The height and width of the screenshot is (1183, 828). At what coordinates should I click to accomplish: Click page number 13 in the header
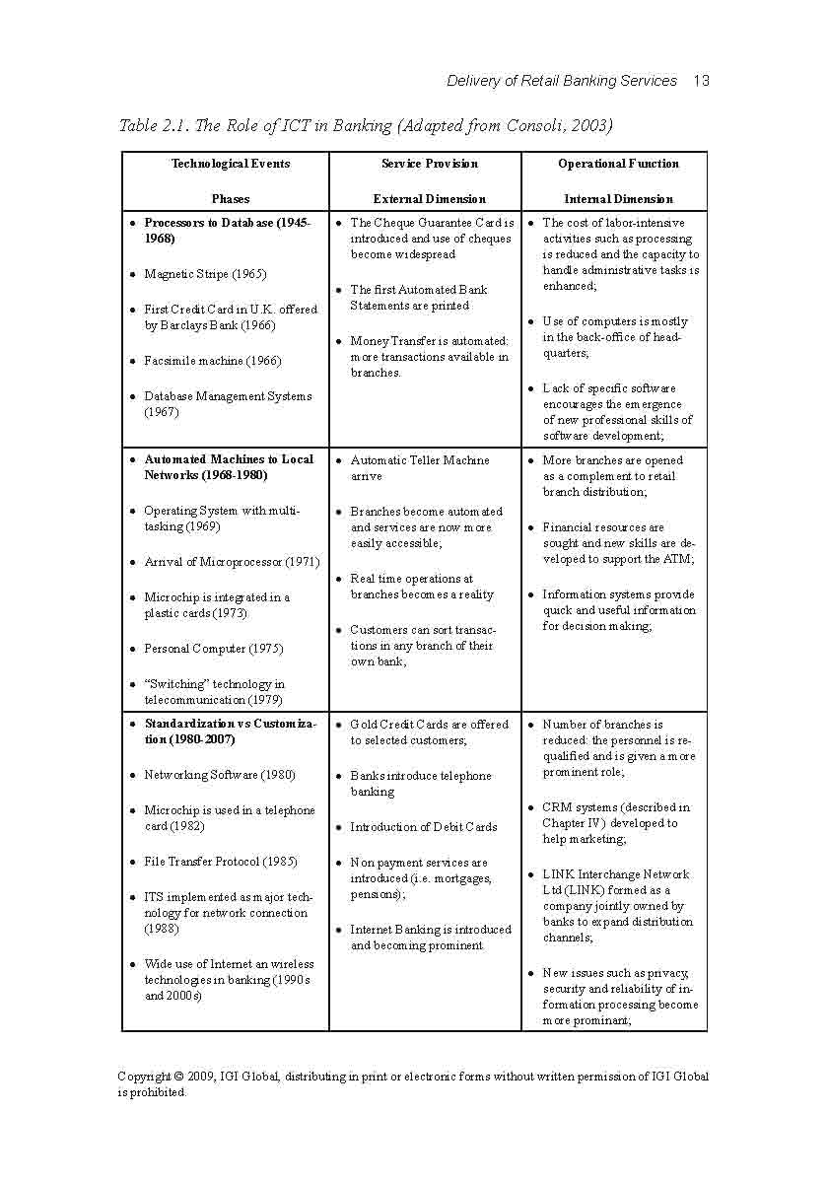click(x=701, y=81)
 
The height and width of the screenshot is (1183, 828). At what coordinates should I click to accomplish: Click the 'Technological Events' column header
click(x=231, y=164)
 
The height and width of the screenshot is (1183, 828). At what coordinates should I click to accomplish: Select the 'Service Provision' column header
click(x=429, y=164)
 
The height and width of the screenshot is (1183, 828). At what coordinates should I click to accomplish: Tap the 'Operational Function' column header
click(x=618, y=164)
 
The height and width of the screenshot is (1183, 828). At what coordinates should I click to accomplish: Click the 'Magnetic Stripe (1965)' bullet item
click(x=205, y=274)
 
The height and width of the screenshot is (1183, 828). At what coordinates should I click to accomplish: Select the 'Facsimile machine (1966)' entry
click(x=212, y=361)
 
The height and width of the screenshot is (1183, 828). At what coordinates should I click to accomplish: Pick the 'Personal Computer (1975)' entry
click(x=213, y=649)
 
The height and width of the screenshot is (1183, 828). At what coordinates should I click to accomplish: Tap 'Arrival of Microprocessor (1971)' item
click(x=232, y=562)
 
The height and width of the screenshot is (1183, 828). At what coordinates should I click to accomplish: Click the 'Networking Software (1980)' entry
click(x=219, y=775)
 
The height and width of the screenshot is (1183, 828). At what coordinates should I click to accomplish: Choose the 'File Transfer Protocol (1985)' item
click(x=221, y=862)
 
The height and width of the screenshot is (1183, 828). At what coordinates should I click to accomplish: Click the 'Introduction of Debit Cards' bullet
click(x=424, y=827)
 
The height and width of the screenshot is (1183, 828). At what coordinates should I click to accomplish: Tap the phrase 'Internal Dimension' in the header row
click(x=618, y=199)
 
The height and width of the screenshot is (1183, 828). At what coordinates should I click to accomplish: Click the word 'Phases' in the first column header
click(x=231, y=199)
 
